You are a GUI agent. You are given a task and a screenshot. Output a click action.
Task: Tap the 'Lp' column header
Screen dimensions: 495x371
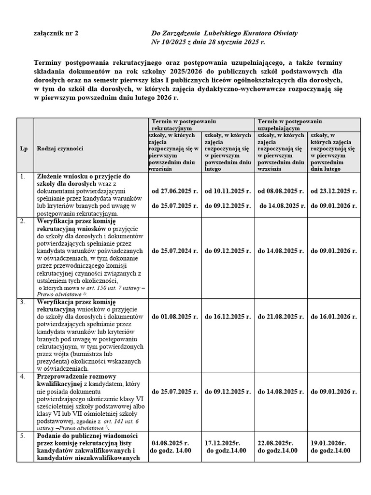click(24, 149)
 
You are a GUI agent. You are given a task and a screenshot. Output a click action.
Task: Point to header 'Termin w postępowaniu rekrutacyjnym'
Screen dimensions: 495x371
click(184, 125)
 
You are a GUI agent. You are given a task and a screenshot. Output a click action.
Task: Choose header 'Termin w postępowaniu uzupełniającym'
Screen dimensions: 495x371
click(290, 125)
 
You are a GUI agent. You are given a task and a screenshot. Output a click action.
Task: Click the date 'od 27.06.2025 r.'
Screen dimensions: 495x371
click(175, 191)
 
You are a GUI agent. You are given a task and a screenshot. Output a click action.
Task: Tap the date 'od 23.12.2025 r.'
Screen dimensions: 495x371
click(333, 191)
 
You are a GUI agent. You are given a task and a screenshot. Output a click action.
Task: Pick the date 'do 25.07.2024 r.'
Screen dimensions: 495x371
click(175, 251)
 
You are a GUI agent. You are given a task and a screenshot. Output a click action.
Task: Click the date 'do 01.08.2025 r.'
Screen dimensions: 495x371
click(175, 317)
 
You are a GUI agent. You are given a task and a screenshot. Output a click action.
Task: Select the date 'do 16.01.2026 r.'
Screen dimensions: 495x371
click(333, 317)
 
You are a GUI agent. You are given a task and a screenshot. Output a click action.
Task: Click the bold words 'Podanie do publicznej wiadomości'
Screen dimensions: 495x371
click(87, 436)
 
